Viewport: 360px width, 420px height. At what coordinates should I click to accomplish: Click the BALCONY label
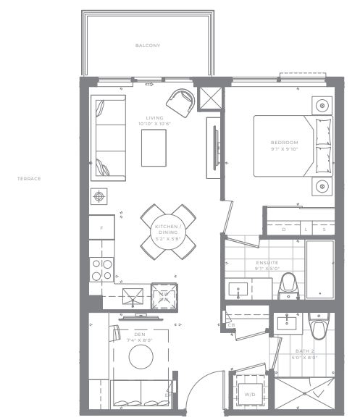coord(147,46)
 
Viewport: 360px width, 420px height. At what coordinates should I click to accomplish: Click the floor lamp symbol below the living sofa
coord(98,196)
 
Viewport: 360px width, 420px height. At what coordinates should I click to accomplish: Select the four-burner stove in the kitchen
coord(101,269)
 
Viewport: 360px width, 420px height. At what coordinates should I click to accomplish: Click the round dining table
coord(168,232)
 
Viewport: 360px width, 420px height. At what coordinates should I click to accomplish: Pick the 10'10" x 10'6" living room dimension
coord(154,124)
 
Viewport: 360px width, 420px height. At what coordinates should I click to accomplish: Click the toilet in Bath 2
coord(318,328)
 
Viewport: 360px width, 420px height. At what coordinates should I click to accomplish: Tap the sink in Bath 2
coord(286,322)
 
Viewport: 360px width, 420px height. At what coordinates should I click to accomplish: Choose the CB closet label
coord(231,325)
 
